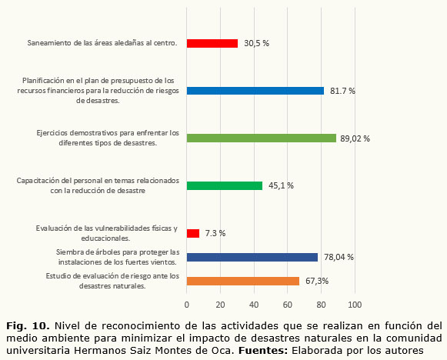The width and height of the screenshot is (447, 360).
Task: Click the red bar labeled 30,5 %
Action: [212, 43]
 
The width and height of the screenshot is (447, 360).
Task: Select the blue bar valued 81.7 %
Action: [255, 91]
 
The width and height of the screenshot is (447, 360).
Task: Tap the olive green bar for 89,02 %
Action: [262, 138]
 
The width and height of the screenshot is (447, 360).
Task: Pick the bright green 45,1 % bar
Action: [225, 186]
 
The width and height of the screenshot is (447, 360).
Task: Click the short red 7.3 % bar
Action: [193, 233]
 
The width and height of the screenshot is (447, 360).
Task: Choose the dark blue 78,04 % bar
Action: [252, 258]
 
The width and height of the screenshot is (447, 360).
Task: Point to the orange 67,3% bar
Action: [243, 281]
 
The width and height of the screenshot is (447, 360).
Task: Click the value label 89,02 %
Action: [355, 138]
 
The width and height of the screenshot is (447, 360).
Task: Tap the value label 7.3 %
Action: [215, 233]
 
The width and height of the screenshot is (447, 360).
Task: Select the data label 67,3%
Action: [317, 281]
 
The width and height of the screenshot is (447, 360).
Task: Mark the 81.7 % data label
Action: [342, 91]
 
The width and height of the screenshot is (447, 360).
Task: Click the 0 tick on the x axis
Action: [187, 305]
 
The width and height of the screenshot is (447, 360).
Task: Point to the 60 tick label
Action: [288, 305]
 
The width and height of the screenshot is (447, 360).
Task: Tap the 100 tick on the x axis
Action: [355, 305]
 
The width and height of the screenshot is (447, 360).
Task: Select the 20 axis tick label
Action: [220, 305]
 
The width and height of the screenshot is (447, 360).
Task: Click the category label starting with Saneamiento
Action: [102, 43]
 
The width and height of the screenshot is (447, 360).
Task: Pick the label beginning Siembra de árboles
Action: [118, 257]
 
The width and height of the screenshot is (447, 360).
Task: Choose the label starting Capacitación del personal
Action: [98, 185]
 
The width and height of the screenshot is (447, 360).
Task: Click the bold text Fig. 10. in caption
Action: [28, 325]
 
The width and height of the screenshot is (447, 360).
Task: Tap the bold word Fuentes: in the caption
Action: [263, 350]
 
